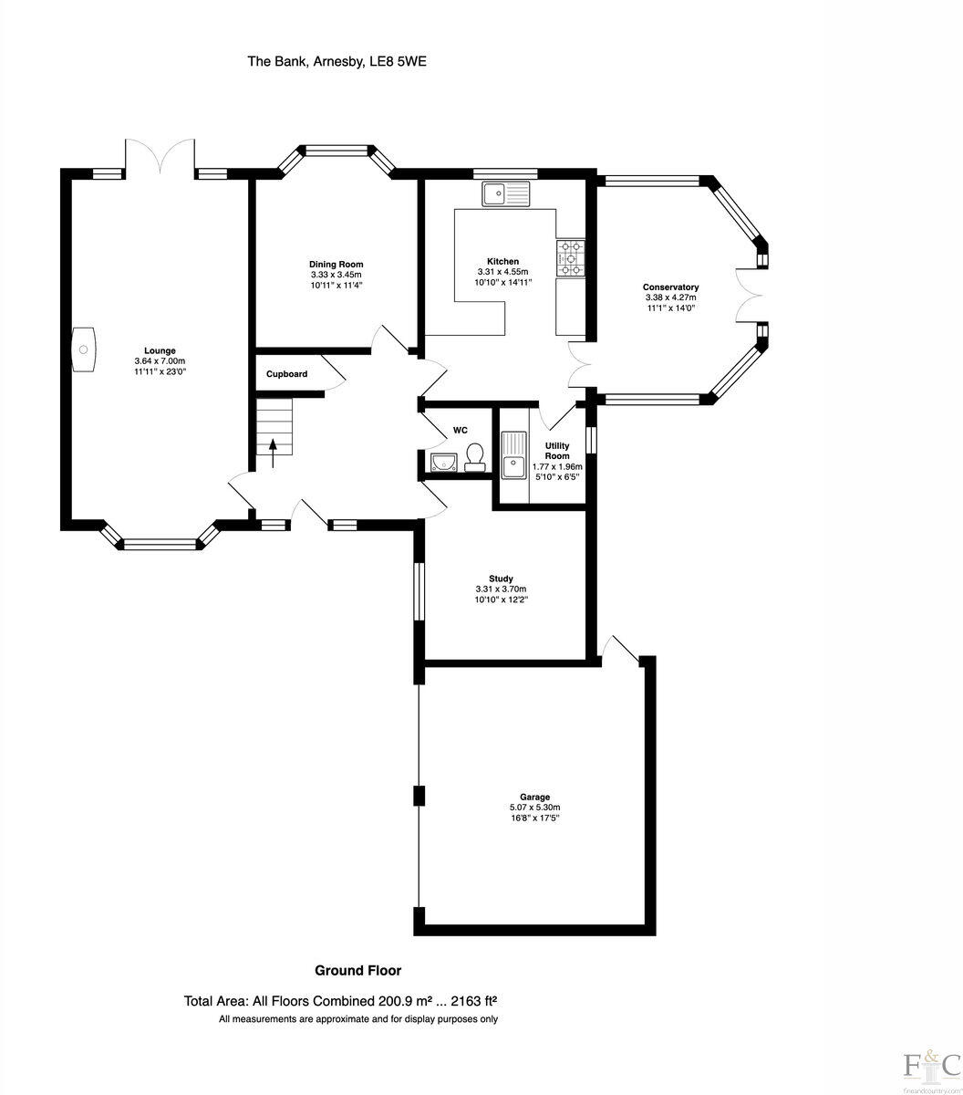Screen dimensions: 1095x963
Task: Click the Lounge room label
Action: (x=160, y=350)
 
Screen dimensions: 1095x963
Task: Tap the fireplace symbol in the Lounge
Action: (x=84, y=349)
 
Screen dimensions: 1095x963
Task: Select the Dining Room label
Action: (x=336, y=265)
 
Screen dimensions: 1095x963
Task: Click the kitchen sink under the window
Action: (x=505, y=193)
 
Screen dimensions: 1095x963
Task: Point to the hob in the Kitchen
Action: (x=572, y=257)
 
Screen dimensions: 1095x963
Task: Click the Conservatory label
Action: (x=670, y=287)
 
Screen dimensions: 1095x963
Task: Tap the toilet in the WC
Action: (x=474, y=455)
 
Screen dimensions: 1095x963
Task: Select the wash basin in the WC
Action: (x=443, y=462)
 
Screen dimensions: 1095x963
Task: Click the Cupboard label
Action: (x=286, y=374)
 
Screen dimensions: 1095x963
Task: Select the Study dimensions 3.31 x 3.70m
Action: (x=501, y=589)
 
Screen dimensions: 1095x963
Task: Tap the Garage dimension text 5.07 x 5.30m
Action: (x=534, y=808)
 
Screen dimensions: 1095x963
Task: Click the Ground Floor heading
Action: (x=357, y=970)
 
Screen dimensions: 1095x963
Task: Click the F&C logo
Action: (x=930, y=1064)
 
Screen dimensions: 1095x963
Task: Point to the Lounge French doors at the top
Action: (x=160, y=157)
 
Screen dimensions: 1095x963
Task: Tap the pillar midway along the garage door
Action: (x=419, y=796)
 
